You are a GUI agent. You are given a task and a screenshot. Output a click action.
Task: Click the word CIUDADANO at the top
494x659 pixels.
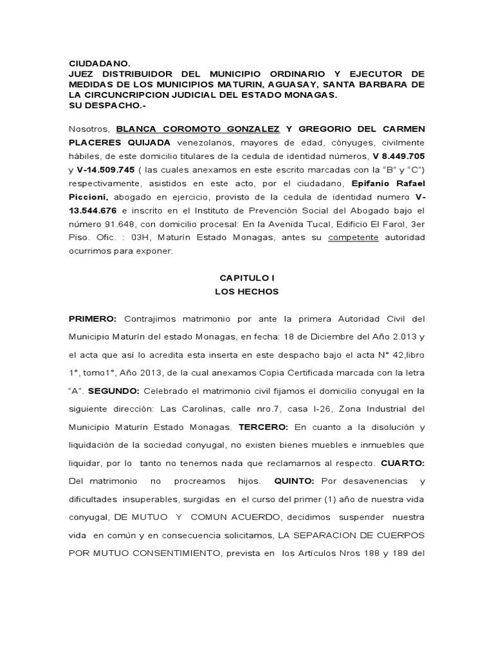(100, 64)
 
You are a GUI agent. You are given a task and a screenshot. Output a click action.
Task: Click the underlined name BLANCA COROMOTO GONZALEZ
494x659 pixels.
(198, 129)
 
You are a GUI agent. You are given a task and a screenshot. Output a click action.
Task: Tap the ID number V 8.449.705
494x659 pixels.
(398, 156)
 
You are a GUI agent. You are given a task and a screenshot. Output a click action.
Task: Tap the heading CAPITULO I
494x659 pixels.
(247, 278)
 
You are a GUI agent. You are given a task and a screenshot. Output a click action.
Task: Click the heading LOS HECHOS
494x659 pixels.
(247, 292)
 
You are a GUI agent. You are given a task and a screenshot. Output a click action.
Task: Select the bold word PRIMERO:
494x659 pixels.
(93, 319)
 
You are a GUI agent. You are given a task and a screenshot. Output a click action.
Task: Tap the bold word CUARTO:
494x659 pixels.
(403, 463)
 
